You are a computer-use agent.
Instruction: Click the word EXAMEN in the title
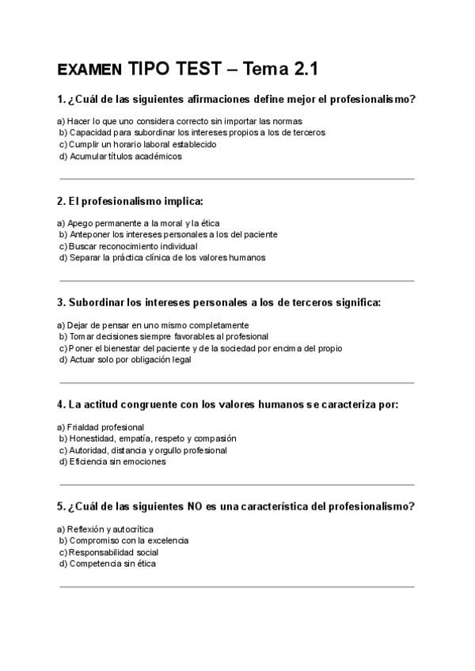89,70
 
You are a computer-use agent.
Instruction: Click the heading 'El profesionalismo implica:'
131,201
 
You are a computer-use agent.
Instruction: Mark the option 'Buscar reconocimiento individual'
121,246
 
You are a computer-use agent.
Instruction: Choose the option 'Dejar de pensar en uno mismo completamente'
153,325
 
